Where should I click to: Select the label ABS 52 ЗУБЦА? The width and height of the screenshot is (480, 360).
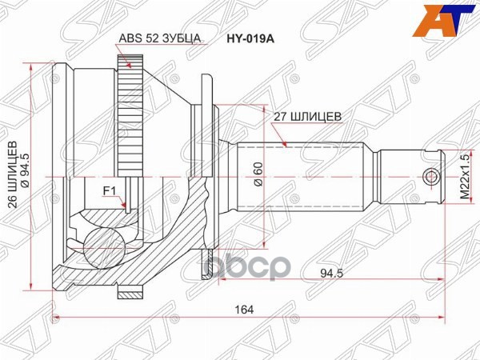160,38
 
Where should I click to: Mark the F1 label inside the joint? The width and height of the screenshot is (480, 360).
109,191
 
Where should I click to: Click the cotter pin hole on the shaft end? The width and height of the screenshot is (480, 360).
431,176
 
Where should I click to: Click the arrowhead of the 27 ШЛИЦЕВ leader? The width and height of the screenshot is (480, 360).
286,145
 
